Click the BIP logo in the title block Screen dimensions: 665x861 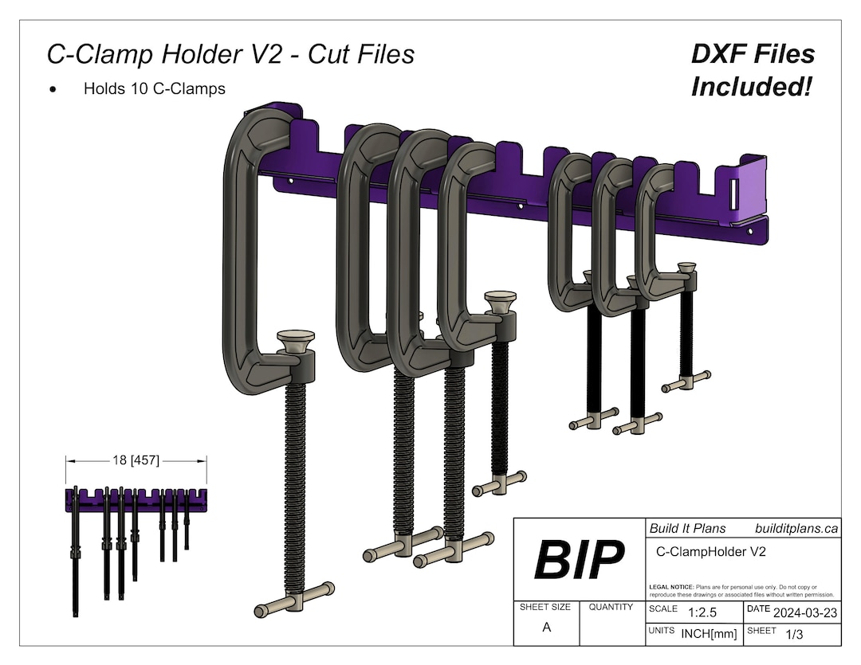point(579,559)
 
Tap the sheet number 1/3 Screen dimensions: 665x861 point(794,634)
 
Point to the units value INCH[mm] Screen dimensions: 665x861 point(709,634)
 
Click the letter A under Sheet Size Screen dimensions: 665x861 point(546,628)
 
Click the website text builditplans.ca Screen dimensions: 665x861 point(796,528)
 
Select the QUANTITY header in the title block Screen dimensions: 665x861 point(611,607)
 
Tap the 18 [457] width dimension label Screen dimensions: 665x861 point(136,460)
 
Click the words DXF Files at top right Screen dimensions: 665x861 point(753,54)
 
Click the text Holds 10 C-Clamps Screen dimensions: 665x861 point(154,88)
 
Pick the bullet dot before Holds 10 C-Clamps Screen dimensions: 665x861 point(53,90)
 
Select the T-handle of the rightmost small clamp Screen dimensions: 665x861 point(686,381)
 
